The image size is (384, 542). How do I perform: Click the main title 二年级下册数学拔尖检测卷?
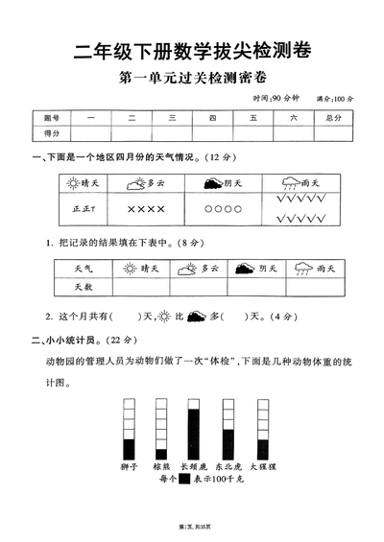pos(192,51)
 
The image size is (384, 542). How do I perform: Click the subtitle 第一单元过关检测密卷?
pos(191,79)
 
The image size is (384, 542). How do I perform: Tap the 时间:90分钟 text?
pos(276,99)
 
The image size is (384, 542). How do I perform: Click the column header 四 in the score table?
pos(211,117)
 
